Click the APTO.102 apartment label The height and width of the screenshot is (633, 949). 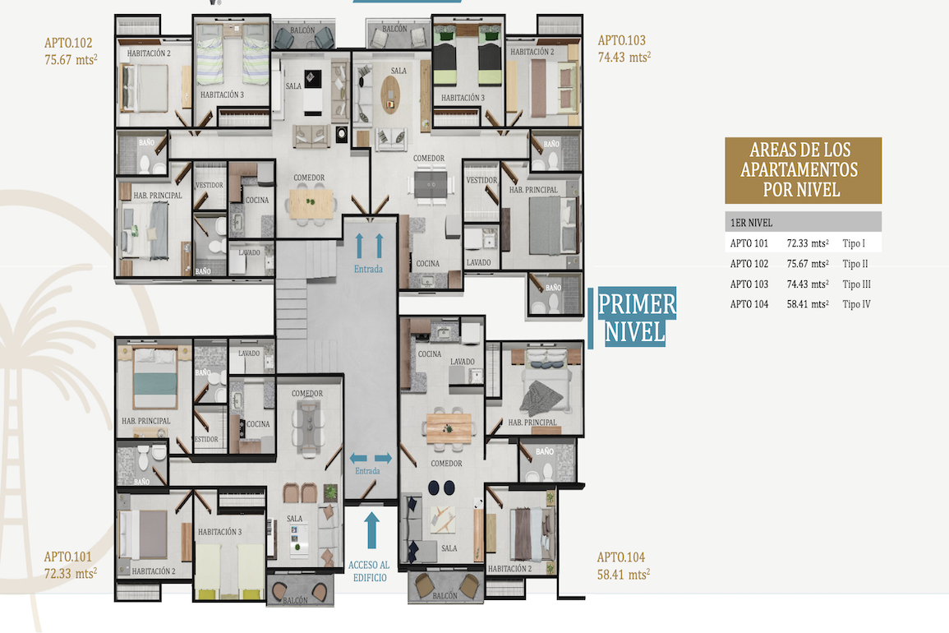coord(68,43)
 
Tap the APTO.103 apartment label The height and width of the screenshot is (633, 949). coord(621,40)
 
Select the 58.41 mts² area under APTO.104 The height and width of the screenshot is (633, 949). coord(624,574)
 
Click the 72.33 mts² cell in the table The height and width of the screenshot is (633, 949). coord(808,243)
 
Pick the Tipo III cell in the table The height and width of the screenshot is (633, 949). coord(856,284)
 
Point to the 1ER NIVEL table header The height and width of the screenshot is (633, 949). coord(751,223)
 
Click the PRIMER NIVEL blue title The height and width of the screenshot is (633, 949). coord(636,317)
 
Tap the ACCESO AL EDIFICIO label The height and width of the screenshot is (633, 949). coord(369,571)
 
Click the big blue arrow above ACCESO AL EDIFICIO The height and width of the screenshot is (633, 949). coord(371,530)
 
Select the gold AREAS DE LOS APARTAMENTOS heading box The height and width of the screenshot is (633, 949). coord(803,170)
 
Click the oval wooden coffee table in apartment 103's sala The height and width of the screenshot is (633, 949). coord(390,95)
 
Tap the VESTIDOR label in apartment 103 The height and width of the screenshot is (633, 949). coord(481,180)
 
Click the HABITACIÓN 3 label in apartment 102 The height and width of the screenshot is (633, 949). coord(222,95)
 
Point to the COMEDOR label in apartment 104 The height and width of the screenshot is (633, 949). coord(447,464)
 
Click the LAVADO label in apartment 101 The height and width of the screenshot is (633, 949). coord(249,353)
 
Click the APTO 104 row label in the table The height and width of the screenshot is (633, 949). coord(749,304)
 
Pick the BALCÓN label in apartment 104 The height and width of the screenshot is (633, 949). coord(445,595)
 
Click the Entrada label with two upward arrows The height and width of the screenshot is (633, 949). coord(369,269)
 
